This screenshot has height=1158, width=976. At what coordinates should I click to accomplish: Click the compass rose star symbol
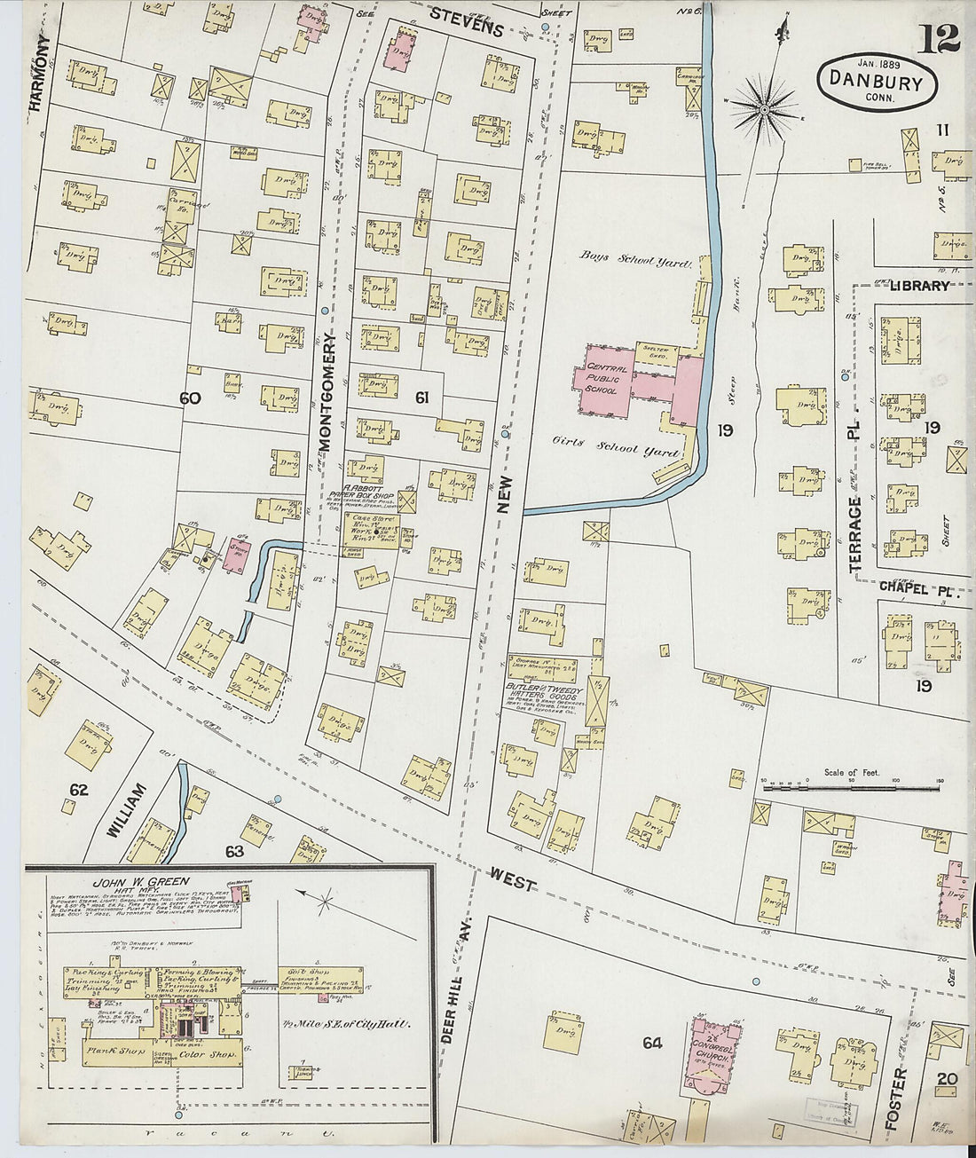764,109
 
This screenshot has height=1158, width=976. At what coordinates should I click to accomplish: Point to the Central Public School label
606,379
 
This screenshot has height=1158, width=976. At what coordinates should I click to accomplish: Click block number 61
421,399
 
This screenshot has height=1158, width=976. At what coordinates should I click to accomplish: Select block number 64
652,1043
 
